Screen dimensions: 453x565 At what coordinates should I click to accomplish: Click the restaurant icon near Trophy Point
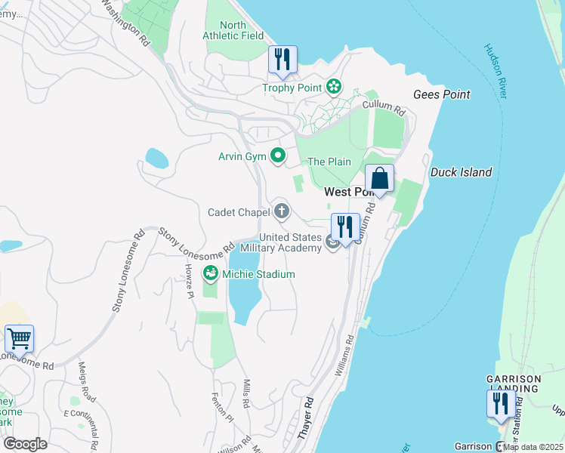[x=282, y=60]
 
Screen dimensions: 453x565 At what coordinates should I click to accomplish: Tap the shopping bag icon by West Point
[x=380, y=179]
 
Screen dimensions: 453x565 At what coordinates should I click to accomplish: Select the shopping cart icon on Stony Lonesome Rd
[x=19, y=339]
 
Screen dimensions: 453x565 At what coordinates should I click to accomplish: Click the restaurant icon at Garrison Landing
[x=500, y=404]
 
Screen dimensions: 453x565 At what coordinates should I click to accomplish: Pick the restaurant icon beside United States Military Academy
[x=345, y=227]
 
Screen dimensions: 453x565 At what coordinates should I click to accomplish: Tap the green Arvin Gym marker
[x=278, y=156]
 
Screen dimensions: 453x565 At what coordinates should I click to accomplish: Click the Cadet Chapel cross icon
[x=282, y=211]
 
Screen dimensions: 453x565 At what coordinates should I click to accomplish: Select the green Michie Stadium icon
[x=211, y=274]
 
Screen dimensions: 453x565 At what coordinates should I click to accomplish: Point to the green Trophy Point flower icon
[x=333, y=88]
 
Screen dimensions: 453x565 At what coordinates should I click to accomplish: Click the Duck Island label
[x=461, y=172]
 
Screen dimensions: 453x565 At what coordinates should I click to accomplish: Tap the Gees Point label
[x=442, y=94]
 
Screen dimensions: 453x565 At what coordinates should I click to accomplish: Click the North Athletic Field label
[x=233, y=30]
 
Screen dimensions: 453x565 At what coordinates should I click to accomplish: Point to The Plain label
[x=329, y=162]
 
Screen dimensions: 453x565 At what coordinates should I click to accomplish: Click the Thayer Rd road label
[x=305, y=420]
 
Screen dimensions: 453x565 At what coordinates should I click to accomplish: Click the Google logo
[x=25, y=443]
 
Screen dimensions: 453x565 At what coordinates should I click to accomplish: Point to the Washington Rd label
[x=125, y=23]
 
